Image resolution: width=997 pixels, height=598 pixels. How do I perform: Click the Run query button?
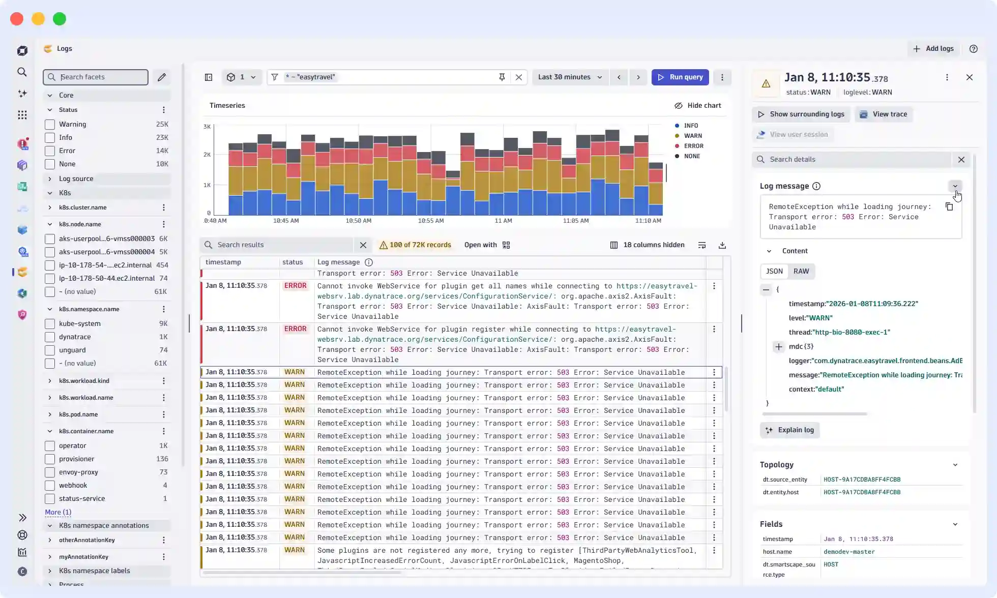pyautogui.click(x=680, y=77)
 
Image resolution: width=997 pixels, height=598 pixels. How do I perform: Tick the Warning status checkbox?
pyautogui.click(x=50, y=125)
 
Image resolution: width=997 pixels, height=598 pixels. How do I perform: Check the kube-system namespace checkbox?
pyautogui.click(x=50, y=324)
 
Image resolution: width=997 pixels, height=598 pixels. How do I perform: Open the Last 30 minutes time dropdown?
pyautogui.click(x=570, y=77)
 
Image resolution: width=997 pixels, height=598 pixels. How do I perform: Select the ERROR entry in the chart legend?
pyautogui.click(x=693, y=146)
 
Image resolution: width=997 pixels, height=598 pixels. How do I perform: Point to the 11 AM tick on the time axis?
pyautogui.click(x=503, y=221)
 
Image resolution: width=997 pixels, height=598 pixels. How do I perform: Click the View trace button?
pyautogui.click(x=884, y=114)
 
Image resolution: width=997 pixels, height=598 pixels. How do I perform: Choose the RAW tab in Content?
pyautogui.click(x=801, y=272)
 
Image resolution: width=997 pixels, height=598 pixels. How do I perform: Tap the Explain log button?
pyautogui.click(x=790, y=430)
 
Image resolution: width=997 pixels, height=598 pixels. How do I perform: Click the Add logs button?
pyautogui.click(x=933, y=49)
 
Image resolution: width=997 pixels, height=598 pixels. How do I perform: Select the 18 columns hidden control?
pyautogui.click(x=647, y=245)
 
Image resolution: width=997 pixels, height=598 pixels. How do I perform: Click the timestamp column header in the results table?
pyautogui.click(x=223, y=262)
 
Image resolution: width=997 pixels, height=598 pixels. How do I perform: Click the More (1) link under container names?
pyautogui.click(x=58, y=513)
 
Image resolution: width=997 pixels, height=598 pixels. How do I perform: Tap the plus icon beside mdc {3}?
pyautogui.click(x=778, y=347)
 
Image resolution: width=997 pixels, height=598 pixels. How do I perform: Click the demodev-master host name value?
pyautogui.click(x=849, y=552)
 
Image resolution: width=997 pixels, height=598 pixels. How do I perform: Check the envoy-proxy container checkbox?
pyautogui.click(x=50, y=472)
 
